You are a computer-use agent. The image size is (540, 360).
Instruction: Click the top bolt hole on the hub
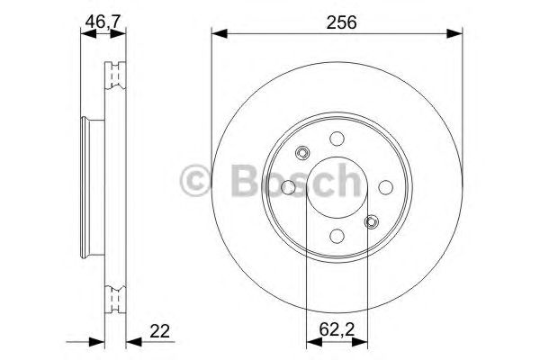coord(337,139)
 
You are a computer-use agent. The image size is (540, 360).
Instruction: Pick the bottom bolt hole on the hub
coord(337,236)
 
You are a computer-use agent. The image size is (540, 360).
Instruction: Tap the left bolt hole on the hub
coord(289,187)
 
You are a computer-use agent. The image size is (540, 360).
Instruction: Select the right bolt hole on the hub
coord(384,187)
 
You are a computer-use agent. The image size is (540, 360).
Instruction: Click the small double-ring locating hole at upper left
coord(303,153)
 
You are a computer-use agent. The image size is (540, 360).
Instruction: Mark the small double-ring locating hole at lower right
coord(370,221)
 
